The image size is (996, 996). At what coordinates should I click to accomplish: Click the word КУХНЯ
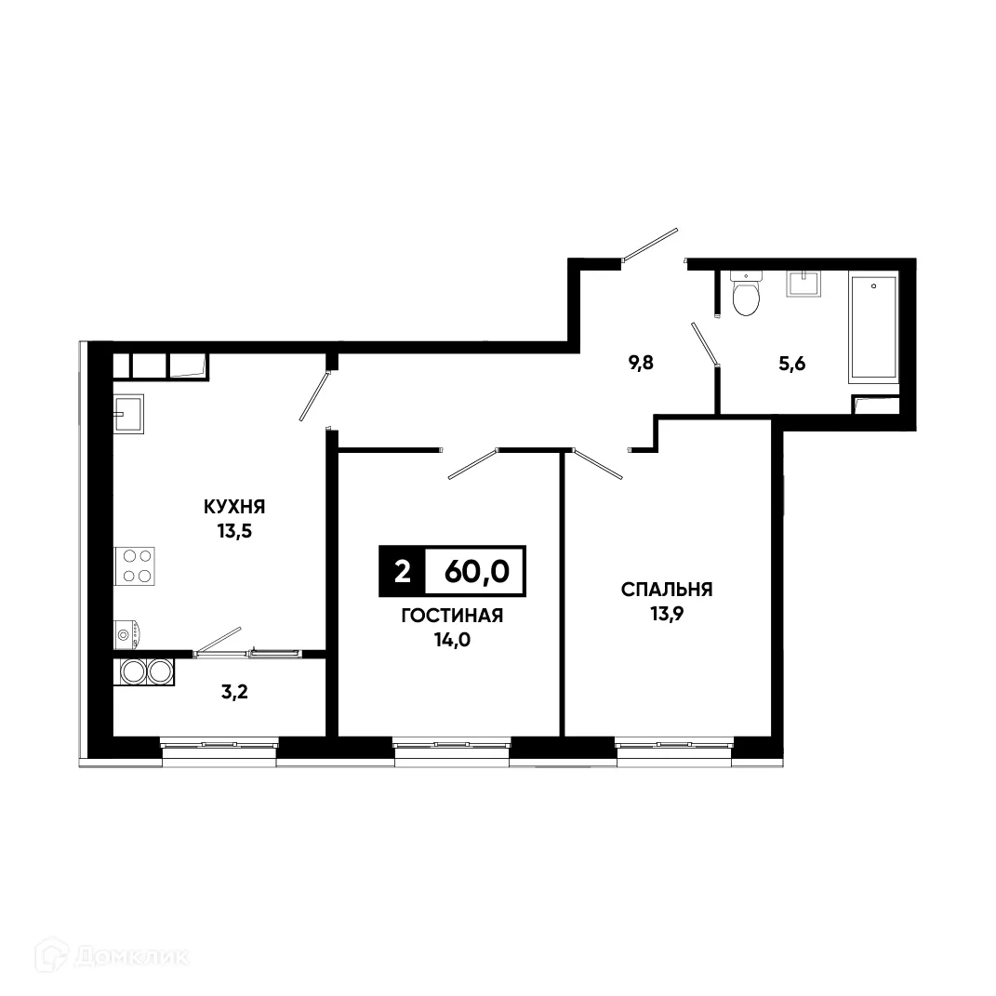pyautogui.click(x=235, y=507)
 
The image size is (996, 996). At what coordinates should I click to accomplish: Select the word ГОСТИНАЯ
pyautogui.click(x=452, y=616)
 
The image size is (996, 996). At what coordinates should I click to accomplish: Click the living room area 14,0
pyautogui.click(x=452, y=640)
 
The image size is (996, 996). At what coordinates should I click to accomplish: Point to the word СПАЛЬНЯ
pyautogui.click(x=667, y=590)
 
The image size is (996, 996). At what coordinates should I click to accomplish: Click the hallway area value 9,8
pyautogui.click(x=642, y=364)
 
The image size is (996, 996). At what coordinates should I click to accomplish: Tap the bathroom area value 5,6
pyautogui.click(x=790, y=364)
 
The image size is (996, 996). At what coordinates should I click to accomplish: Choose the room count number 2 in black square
pyautogui.click(x=402, y=571)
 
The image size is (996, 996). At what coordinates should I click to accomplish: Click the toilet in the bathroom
pyautogui.click(x=746, y=295)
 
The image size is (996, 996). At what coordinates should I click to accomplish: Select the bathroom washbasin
pyautogui.click(x=803, y=283)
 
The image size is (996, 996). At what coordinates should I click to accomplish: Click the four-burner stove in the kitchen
pyautogui.click(x=135, y=565)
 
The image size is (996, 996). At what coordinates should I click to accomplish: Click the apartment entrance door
pyautogui.click(x=651, y=245)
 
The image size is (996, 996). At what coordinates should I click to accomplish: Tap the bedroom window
pyautogui.click(x=674, y=745)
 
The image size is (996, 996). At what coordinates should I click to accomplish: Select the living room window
pyautogui.click(x=452, y=745)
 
